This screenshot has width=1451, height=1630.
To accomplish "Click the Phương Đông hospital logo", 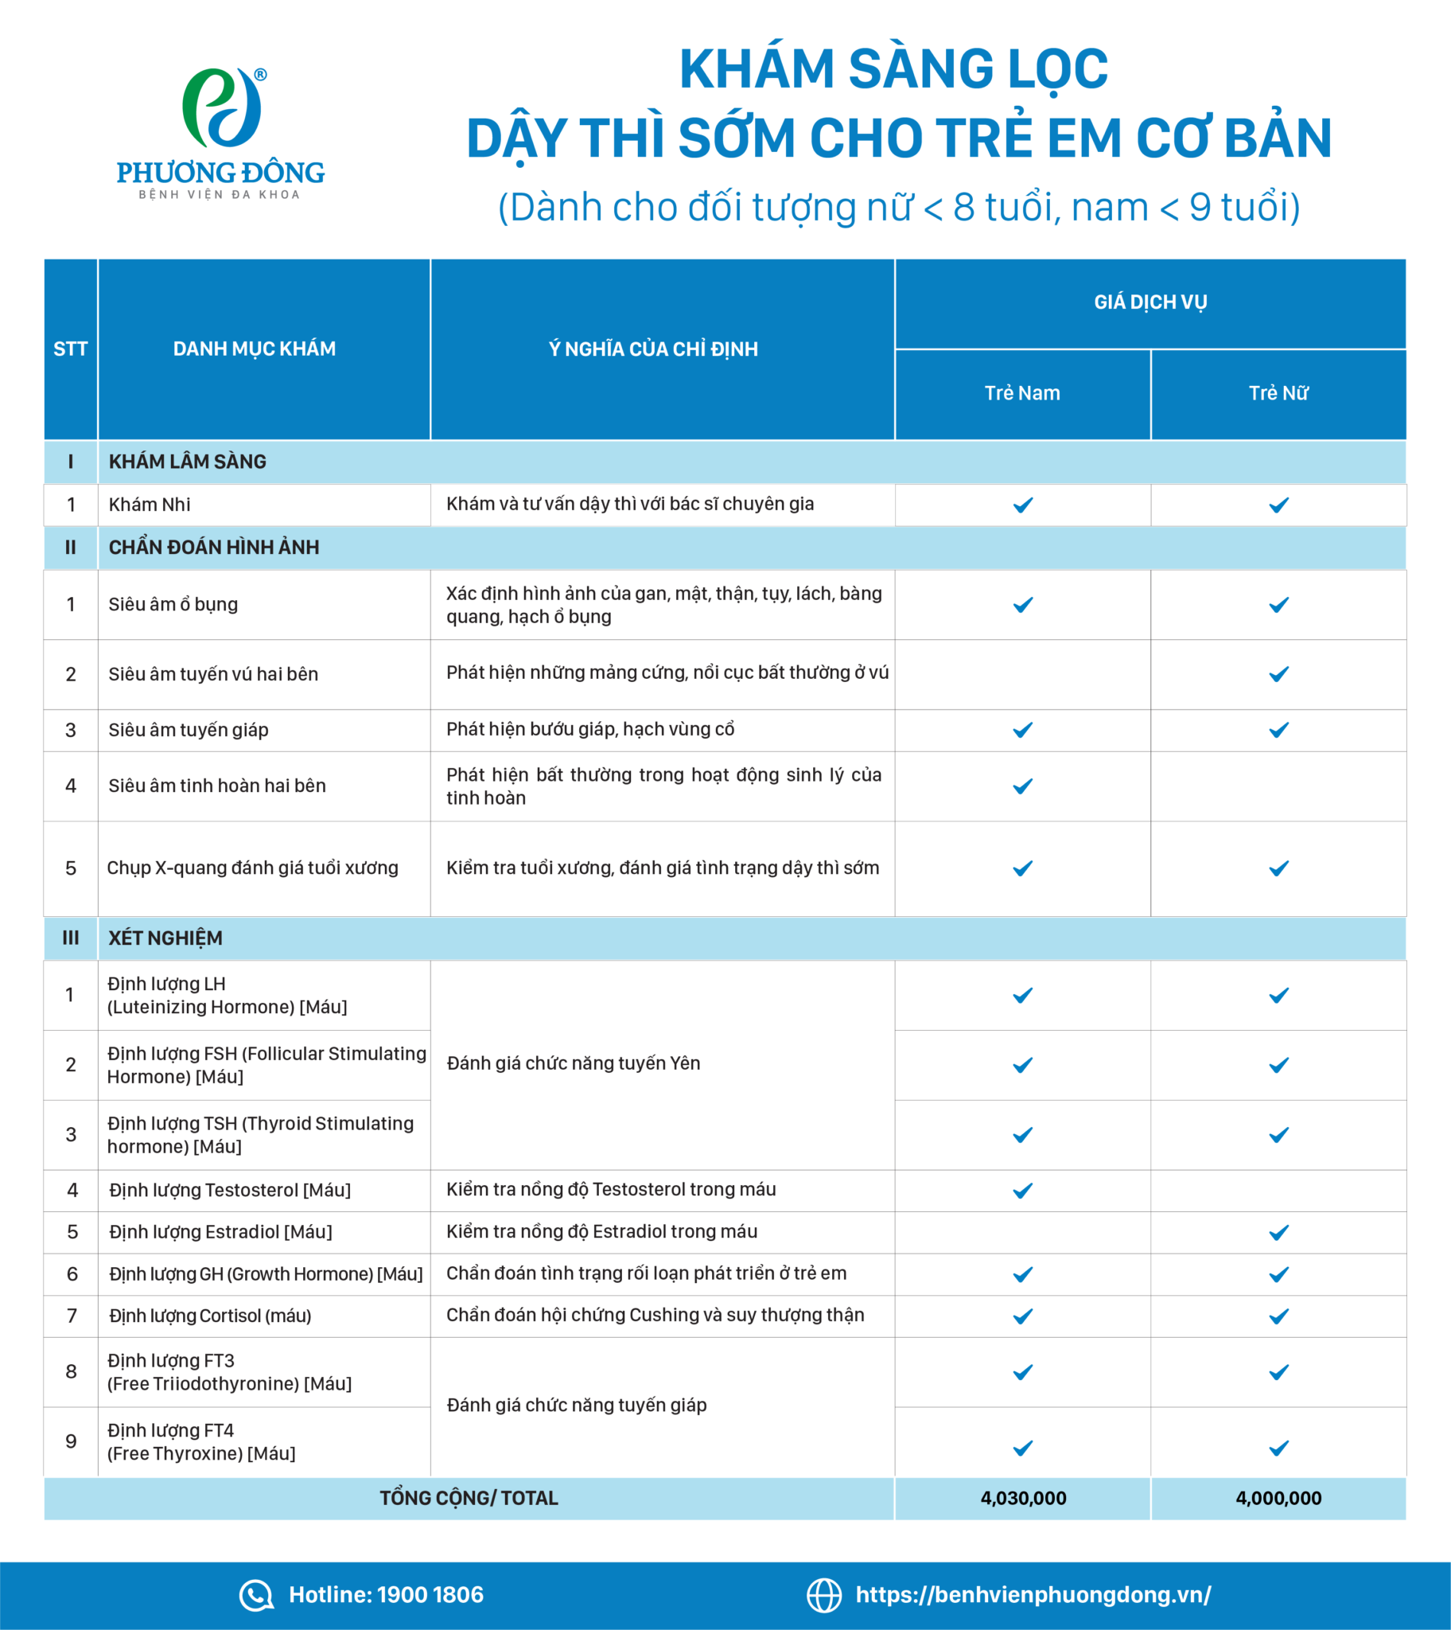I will click(221, 132).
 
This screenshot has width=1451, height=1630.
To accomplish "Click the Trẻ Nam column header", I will click(1022, 393).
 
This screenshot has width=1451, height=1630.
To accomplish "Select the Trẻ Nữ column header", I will click(1278, 393).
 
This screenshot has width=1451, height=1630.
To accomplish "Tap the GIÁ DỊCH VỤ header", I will click(1150, 302).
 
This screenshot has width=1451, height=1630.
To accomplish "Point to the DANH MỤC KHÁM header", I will click(255, 349).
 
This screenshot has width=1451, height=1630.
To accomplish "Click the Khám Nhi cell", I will click(150, 505).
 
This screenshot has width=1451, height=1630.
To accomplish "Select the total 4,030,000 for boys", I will click(1023, 1499).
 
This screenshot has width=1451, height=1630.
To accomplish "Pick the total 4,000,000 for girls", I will click(1278, 1499).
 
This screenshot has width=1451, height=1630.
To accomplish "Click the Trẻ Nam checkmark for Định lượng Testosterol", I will click(1023, 1191).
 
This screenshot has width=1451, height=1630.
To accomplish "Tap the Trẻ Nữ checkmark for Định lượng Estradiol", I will click(1279, 1233).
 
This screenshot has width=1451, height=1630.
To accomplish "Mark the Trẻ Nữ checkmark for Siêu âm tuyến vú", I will click(1279, 675).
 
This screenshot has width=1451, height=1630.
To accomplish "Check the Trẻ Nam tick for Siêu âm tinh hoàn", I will click(1023, 786).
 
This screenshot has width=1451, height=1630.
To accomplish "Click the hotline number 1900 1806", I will click(430, 1594).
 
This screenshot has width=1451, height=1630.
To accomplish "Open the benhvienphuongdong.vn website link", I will click(1033, 1594).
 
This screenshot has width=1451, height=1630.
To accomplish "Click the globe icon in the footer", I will click(823, 1595).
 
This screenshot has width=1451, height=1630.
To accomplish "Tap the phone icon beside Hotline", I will click(256, 1595).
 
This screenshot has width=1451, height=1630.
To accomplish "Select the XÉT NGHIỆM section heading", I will click(165, 938).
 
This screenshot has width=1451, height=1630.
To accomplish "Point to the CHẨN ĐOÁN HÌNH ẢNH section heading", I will click(214, 547).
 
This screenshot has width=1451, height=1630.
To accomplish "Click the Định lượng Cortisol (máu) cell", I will click(210, 1316).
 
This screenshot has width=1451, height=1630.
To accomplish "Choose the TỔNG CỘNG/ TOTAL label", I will click(469, 1499).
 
